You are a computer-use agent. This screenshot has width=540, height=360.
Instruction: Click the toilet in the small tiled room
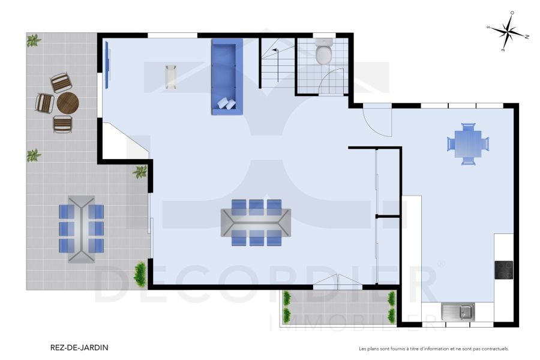[324, 52]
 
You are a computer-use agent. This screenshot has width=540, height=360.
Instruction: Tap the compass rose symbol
[508, 32]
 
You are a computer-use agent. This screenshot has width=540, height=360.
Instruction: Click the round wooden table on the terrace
[67, 103]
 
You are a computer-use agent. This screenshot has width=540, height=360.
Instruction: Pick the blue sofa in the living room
[227, 76]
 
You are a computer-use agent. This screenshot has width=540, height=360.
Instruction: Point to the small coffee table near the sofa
[171, 76]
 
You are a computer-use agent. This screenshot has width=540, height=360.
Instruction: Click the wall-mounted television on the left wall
[108, 65]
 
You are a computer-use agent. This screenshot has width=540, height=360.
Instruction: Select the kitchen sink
[458, 311]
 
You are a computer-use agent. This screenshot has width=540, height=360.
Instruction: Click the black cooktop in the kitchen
[504, 269]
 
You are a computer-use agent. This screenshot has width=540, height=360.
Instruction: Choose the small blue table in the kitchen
[468, 144]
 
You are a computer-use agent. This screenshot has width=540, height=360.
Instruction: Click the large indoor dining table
[256, 223]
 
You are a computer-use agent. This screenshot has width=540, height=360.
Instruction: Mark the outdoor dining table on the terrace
[81, 229]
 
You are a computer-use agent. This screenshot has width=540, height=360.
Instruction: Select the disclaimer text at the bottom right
[434, 348]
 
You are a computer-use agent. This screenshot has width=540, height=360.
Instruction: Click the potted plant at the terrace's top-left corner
[34, 41]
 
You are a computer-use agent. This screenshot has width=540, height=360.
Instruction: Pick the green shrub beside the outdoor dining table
[140, 274]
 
